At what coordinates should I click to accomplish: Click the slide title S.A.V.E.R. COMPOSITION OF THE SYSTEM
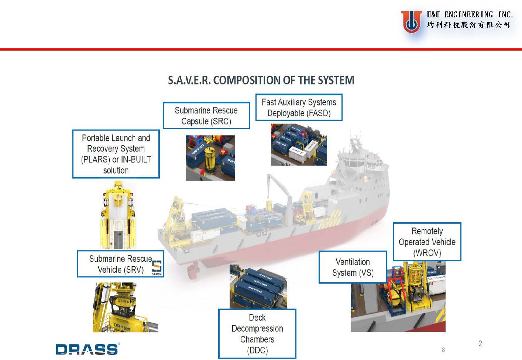tap(261, 80)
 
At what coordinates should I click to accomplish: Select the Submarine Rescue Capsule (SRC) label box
tap(206, 116)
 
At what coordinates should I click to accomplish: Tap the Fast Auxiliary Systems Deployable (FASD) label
tap(299, 107)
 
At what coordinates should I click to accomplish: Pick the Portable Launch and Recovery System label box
tap(116, 154)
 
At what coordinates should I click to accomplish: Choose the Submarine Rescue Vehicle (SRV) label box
tap(120, 264)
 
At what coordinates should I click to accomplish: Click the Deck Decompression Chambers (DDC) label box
tap(257, 334)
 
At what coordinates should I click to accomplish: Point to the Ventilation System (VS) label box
tap(353, 267)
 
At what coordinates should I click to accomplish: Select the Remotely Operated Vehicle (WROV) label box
tap(427, 242)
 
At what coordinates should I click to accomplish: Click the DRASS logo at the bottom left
tap(87, 349)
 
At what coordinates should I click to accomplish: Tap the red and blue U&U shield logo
tap(411, 21)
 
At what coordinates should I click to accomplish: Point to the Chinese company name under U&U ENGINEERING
tap(468, 25)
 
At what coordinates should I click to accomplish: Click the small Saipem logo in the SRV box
tap(157, 268)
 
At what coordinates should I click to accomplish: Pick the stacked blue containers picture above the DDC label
tap(258, 287)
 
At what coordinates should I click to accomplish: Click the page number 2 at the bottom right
tap(480, 343)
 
